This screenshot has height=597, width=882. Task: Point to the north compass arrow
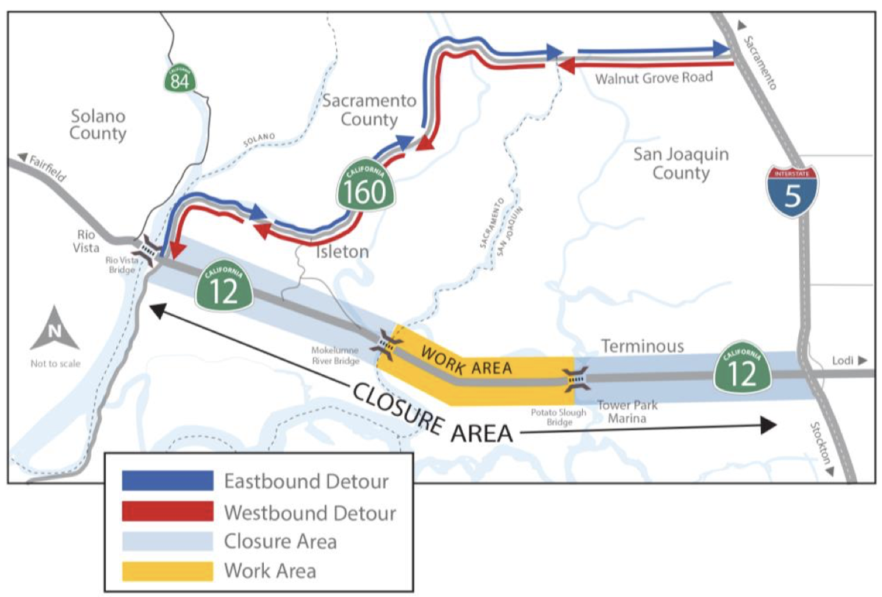[x=54, y=332]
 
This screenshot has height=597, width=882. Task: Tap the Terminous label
[x=642, y=346]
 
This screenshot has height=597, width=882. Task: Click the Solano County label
[x=98, y=125]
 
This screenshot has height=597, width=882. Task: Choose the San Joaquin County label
[x=671, y=163]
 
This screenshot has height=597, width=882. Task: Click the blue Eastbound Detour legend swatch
[x=168, y=482]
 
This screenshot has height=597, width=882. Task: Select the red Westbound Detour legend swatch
[x=168, y=512]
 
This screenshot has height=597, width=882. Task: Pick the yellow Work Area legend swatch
[x=168, y=571]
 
